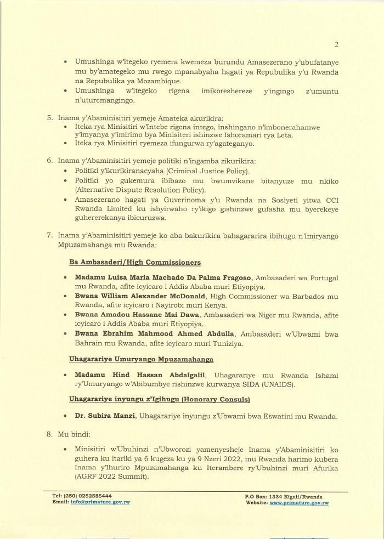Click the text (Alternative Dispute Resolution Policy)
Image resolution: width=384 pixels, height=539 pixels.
tap(140, 190)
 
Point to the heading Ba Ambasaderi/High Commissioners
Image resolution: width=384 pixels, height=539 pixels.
tap(135, 263)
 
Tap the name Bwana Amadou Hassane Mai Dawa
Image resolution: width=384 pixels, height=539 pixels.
tap(130, 315)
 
